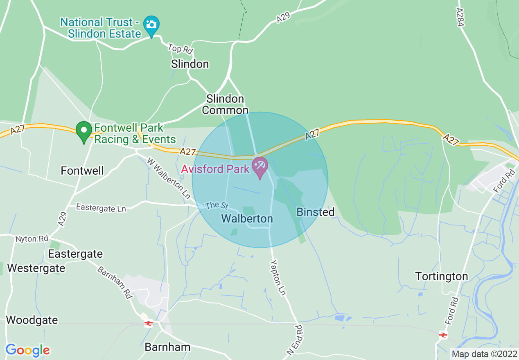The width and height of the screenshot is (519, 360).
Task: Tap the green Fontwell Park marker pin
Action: click(x=84, y=131)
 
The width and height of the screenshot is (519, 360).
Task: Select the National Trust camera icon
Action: click(x=151, y=24)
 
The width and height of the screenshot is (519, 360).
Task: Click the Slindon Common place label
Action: click(x=225, y=104)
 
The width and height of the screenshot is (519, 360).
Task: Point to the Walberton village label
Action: click(x=247, y=219)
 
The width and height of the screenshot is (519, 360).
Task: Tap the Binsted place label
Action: click(x=315, y=212)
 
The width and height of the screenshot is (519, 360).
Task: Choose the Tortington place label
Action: click(x=442, y=277)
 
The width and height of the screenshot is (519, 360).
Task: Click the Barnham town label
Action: click(x=167, y=347)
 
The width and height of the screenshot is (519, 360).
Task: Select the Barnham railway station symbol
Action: click(x=148, y=323)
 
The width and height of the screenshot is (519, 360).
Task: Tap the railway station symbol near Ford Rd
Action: click(x=443, y=335)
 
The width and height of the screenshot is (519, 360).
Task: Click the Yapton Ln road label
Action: click(x=278, y=277)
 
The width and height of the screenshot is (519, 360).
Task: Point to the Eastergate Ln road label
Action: click(x=101, y=208)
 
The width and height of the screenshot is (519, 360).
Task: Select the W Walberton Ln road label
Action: click(x=169, y=178)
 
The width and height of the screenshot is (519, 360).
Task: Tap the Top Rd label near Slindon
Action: click(x=180, y=49)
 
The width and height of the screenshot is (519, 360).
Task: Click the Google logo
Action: click(x=27, y=350)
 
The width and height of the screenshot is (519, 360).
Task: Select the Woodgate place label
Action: click(x=32, y=320)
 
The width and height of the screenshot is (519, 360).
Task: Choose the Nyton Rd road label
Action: click(x=32, y=239)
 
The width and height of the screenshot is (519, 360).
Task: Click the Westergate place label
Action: click(x=36, y=268)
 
